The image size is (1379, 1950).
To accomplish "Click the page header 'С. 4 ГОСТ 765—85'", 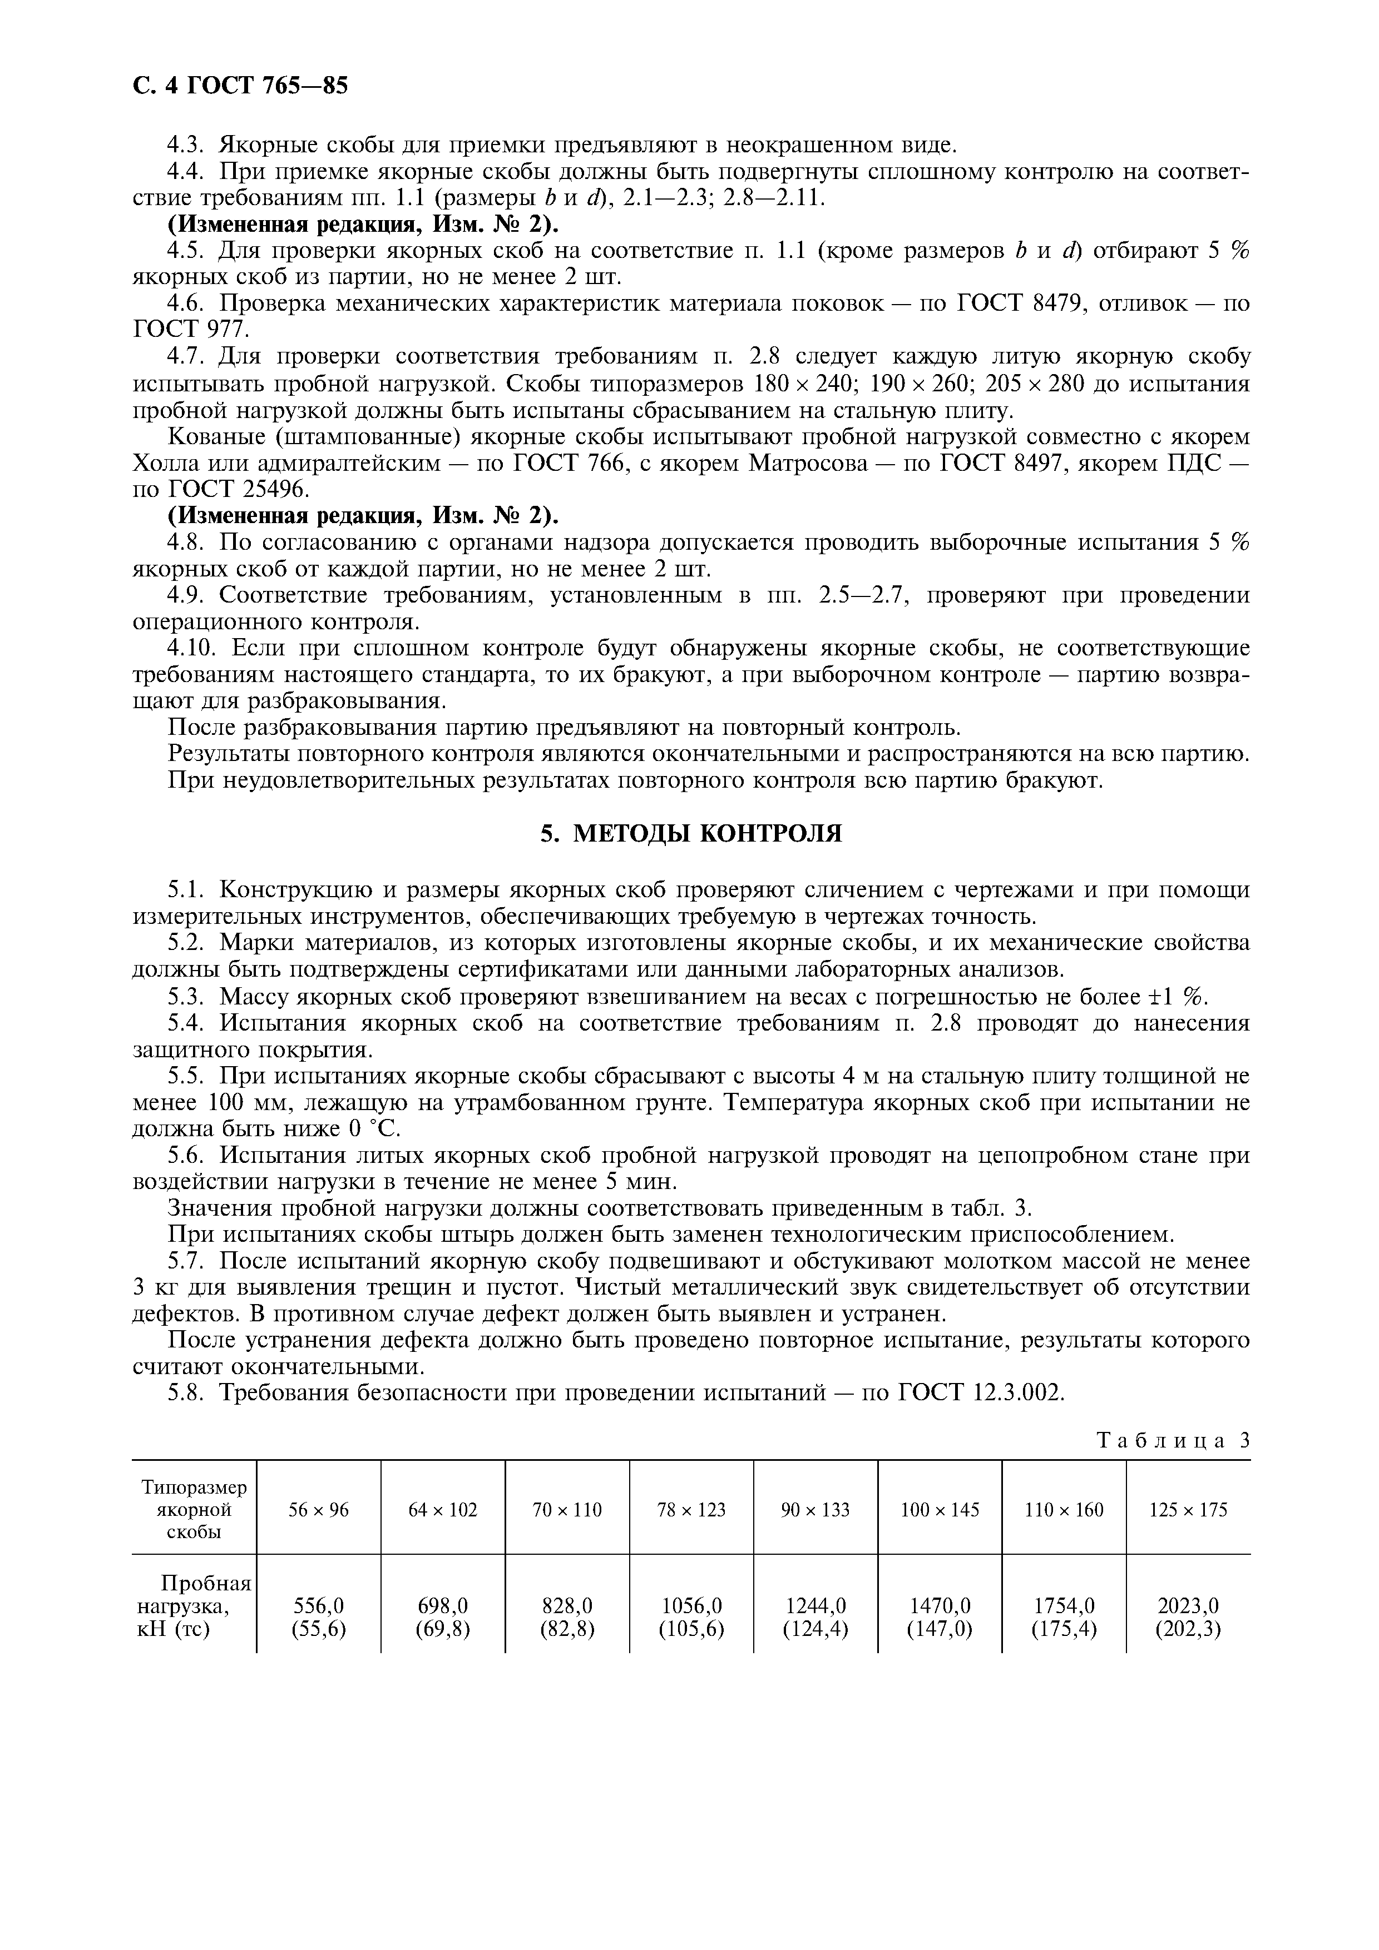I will [x=240, y=86].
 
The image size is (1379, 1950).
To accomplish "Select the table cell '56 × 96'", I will [x=319, y=1509].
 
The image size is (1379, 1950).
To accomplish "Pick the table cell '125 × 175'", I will [x=1188, y=1509].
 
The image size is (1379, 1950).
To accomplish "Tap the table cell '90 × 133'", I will [x=815, y=1509].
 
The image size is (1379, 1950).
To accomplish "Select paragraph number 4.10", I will [x=193, y=649].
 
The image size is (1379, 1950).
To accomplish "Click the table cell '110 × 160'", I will [x=1064, y=1509].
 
